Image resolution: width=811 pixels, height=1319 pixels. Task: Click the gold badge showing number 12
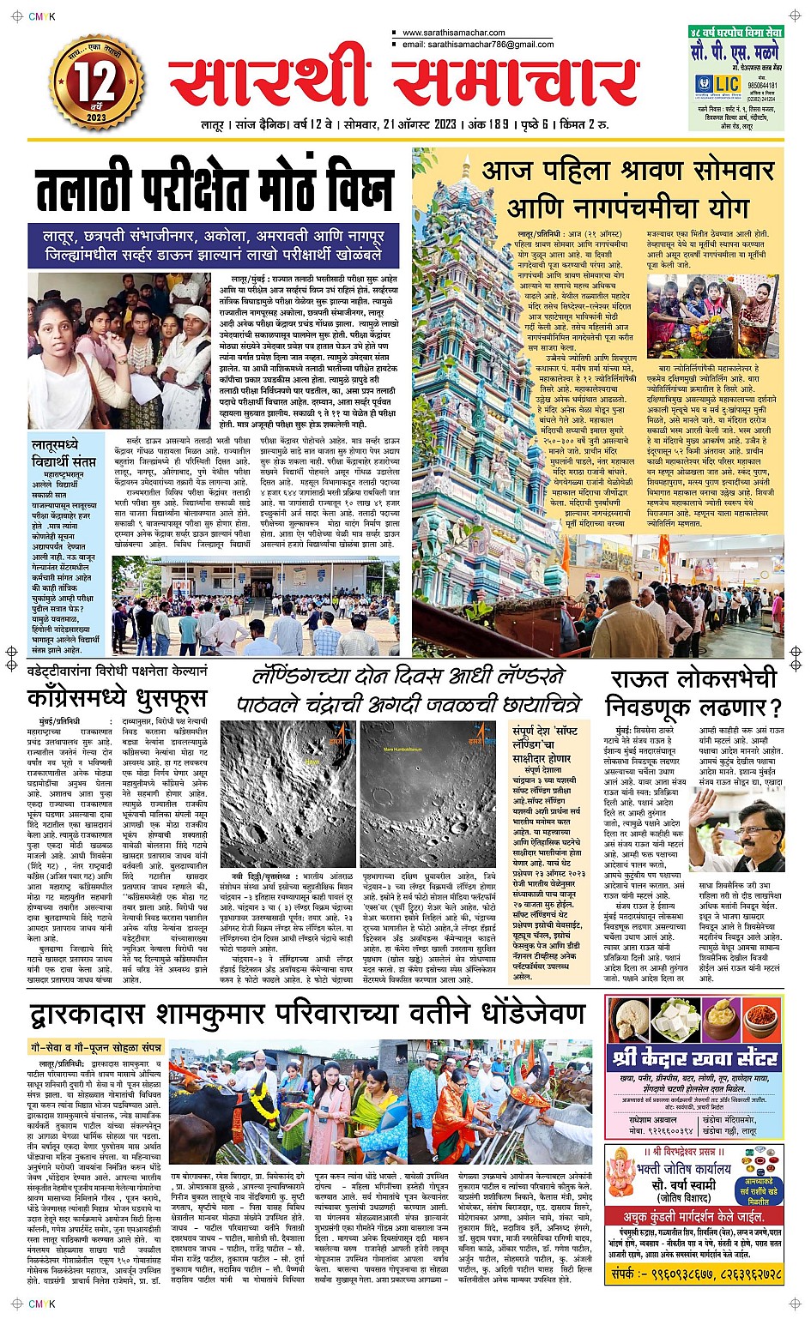96,84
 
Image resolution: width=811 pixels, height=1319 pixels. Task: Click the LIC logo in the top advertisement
717,83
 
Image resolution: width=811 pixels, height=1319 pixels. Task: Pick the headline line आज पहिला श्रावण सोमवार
627,171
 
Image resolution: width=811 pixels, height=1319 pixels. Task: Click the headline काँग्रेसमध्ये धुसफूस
117,696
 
